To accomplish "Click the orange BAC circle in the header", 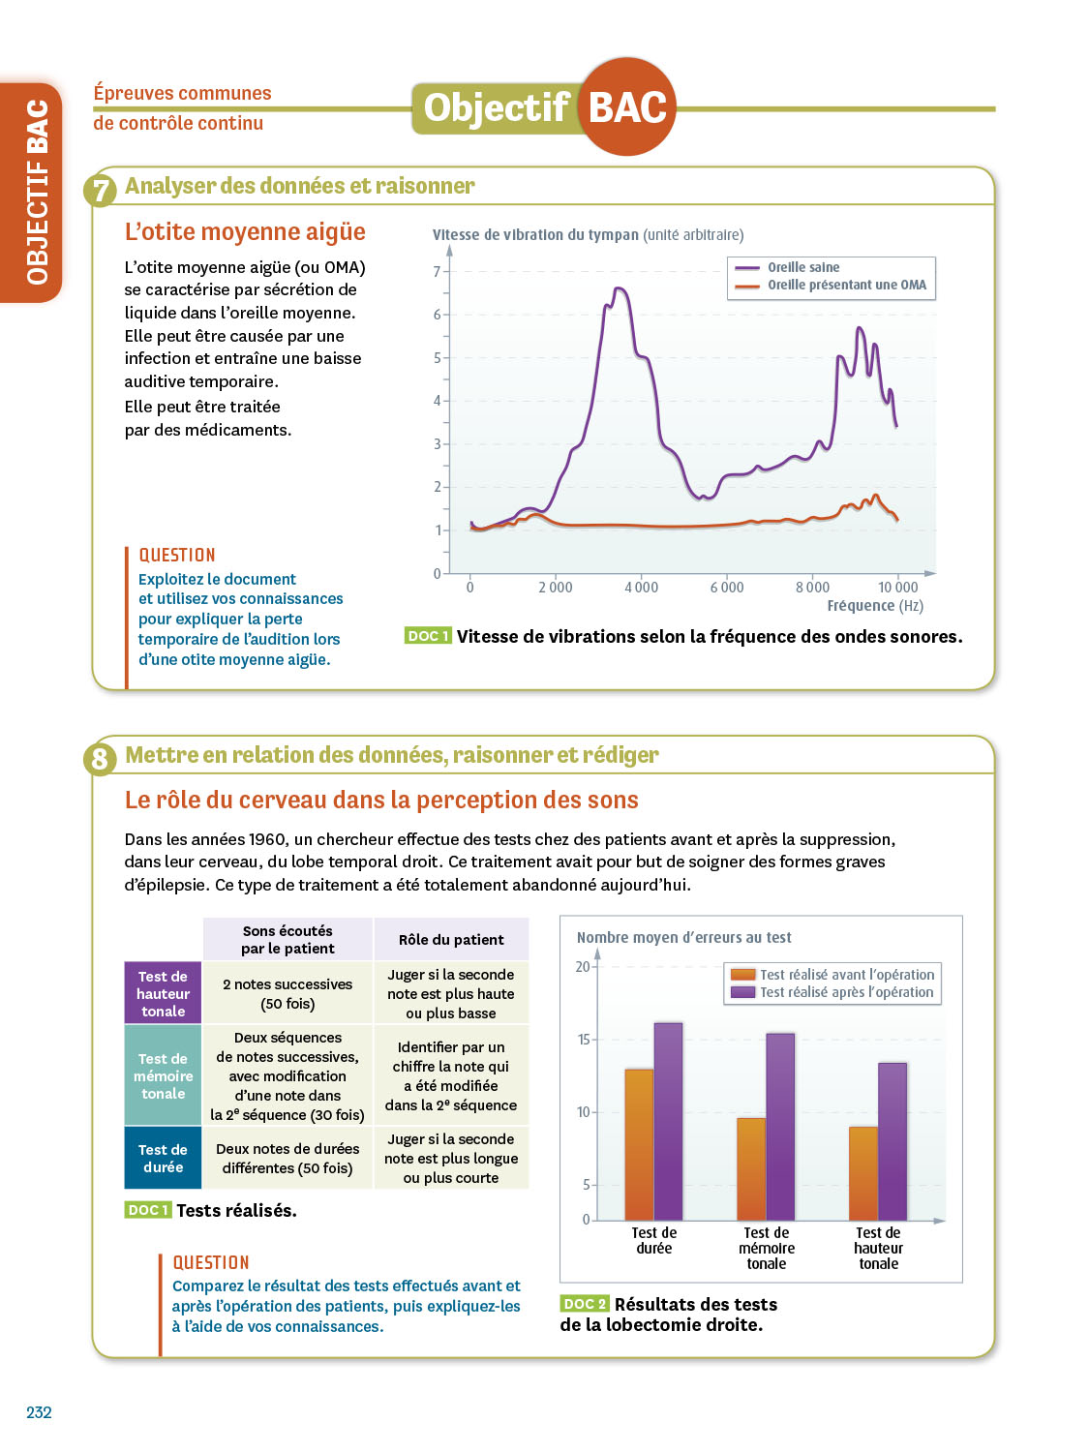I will click(x=627, y=106).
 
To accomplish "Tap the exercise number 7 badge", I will click(x=101, y=191).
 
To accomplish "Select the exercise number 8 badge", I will click(x=101, y=759).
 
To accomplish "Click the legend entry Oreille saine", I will click(x=803, y=267).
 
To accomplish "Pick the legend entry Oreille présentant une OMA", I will click(x=846, y=285).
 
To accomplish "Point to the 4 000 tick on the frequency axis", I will click(x=641, y=588).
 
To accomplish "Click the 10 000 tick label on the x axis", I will click(x=897, y=588).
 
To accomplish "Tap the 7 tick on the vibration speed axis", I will click(x=438, y=272).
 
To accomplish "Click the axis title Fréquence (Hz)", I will click(x=875, y=606).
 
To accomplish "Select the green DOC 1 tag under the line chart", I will click(x=428, y=636).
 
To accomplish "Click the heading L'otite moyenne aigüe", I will click(x=245, y=232).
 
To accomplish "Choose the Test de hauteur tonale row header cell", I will click(x=163, y=993).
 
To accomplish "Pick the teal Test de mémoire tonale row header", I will click(x=163, y=1075).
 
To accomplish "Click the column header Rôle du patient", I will click(x=451, y=939).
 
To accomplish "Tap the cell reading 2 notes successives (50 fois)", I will click(x=287, y=993).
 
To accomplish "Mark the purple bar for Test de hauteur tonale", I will click(x=892, y=1141).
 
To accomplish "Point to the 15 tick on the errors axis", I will click(x=583, y=1040).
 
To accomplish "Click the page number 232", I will click(x=39, y=1412).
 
